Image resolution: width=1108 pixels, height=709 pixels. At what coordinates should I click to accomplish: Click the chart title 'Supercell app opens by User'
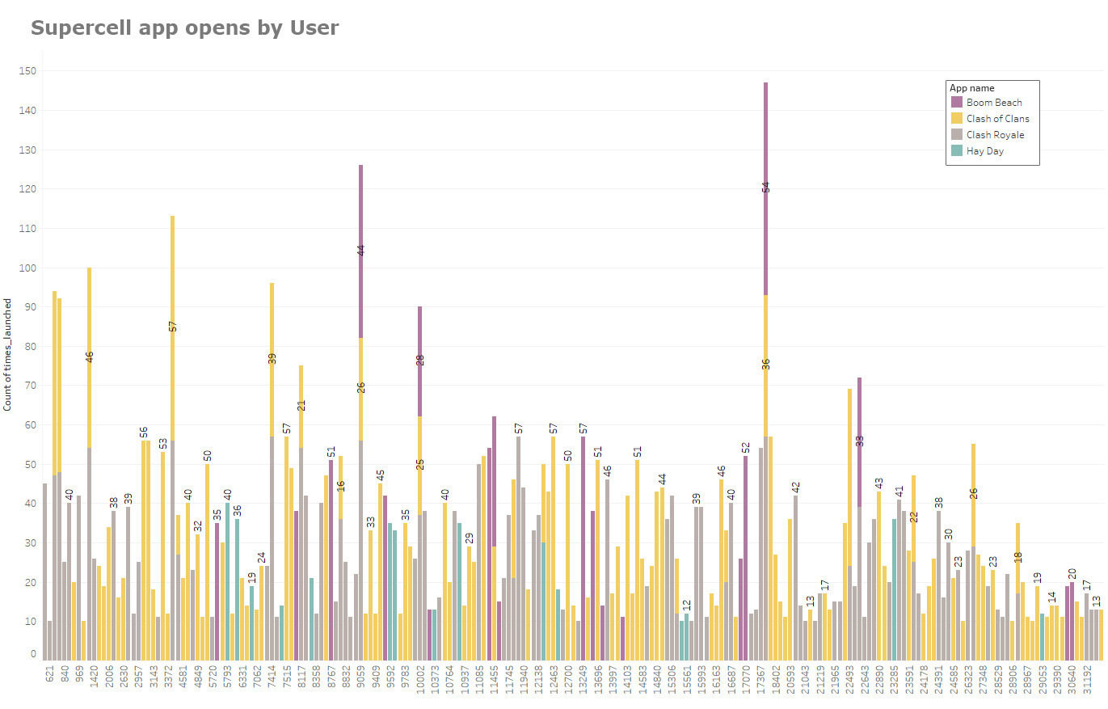tap(184, 27)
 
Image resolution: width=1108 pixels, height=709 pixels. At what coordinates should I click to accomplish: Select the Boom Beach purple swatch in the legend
tap(957, 103)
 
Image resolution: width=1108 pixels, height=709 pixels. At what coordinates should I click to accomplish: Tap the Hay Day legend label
tap(984, 151)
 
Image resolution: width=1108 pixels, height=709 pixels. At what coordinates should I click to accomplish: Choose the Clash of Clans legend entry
tap(997, 119)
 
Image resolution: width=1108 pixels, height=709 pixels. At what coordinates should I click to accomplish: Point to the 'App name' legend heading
tap(971, 88)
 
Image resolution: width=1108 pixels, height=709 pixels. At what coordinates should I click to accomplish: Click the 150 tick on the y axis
tap(30, 71)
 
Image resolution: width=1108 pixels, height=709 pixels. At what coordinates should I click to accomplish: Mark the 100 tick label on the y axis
tap(30, 268)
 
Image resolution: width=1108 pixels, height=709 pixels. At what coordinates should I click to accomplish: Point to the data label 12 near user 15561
tap(687, 605)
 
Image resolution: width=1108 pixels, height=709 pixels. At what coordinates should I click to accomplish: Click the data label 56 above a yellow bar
tap(143, 432)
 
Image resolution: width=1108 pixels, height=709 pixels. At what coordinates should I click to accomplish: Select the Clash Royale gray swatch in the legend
tap(957, 135)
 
